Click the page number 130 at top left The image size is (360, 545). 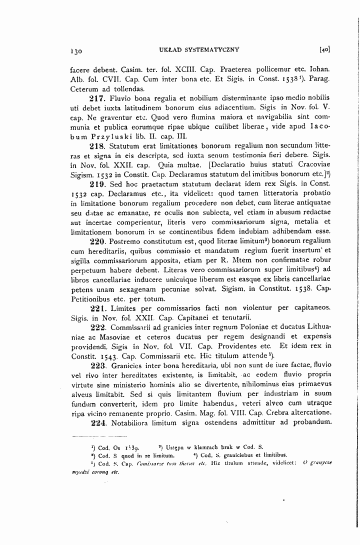click(x=76, y=50)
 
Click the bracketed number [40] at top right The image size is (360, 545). click(x=324, y=50)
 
